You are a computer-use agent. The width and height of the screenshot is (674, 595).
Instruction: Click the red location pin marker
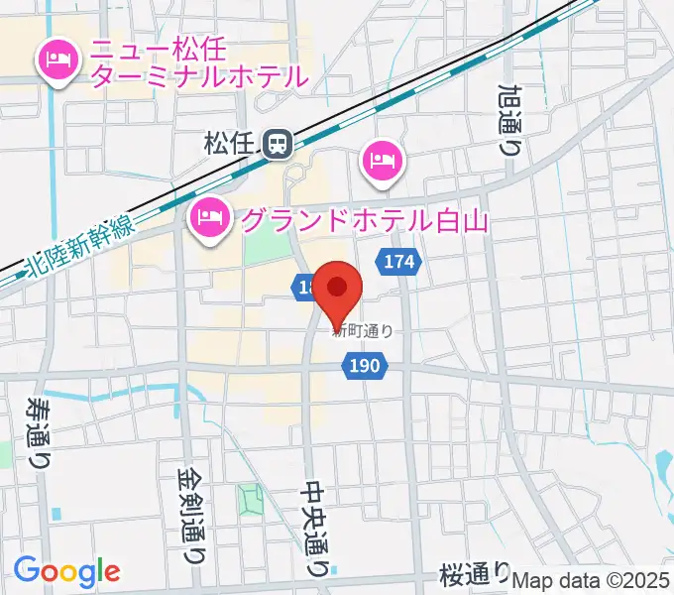(x=338, y=289)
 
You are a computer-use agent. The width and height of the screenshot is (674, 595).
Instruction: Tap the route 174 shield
(x=399, y=263)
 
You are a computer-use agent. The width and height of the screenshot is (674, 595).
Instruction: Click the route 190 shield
(x=364, y=367)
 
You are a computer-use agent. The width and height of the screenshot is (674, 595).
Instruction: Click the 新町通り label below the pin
(x=363, y=332)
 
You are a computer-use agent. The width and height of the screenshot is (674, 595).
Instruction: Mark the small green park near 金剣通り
(x=249, y=500)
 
